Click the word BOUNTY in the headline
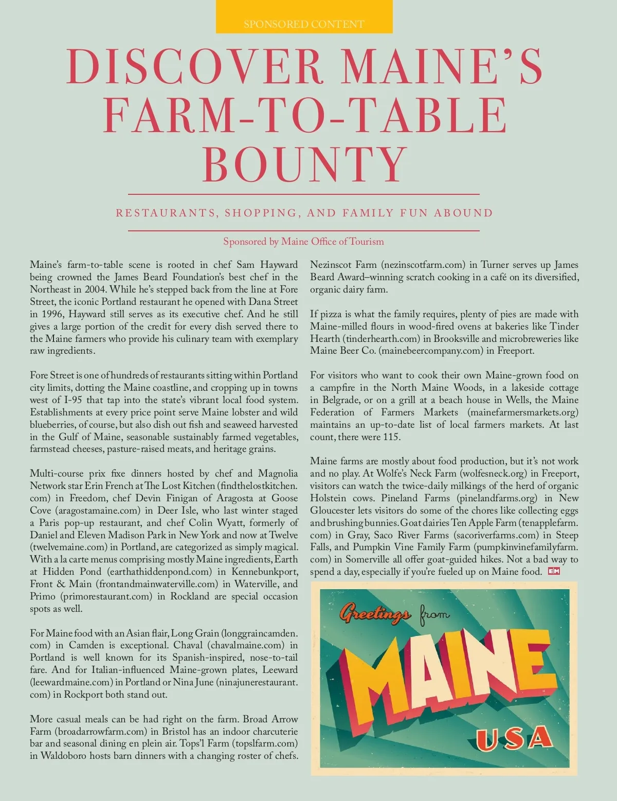pyautogui.click(x=305, y=163)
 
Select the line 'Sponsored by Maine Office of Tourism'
pyautogui.click(x=303, y=242)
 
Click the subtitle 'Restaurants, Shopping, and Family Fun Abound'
pyautogui.click(x=304, y=213)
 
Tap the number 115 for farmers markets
pyautogui.click(x=391, y=437)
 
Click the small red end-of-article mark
pyautogui.click(x=554, y=571)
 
